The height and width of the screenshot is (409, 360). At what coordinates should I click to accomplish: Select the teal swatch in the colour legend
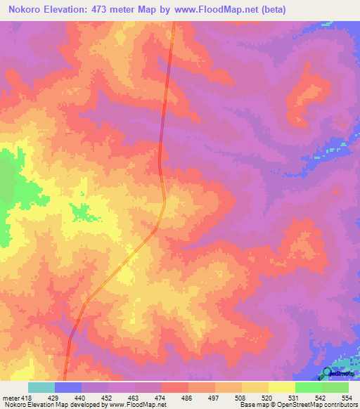click(41, 388)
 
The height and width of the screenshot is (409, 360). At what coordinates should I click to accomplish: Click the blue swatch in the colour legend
click(67, 388)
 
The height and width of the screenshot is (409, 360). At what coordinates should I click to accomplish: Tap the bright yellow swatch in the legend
click(281, 388)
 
